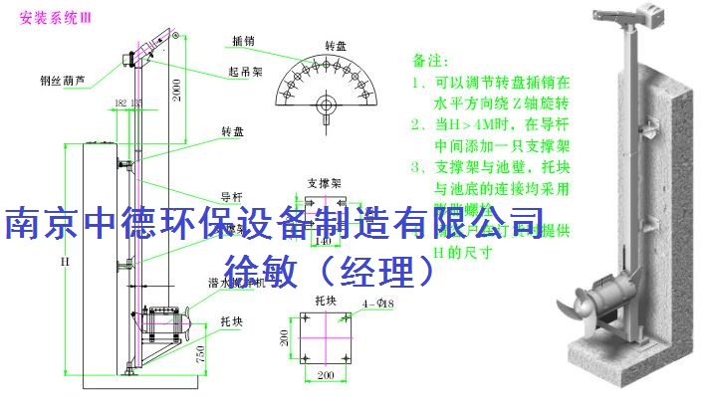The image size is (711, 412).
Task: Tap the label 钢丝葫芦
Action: [x=63, y=82]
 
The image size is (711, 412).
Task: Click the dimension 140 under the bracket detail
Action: [x=321, y=241]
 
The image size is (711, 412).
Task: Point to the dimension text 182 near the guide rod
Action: [x=120, y=103]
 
